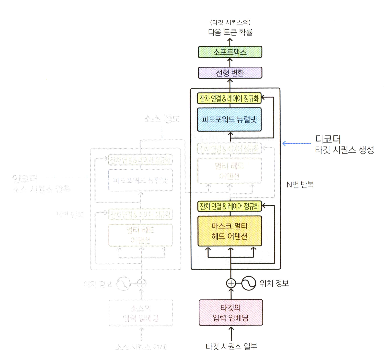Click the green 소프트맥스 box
pyautogui.click(x=230, y=51)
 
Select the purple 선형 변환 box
pyautogui.click(x=230, y=73)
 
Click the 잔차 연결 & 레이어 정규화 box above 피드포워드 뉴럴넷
pyautogui.click(x=230, y=99)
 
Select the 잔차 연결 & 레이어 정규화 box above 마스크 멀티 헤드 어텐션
pyautogui.click(x=230, y=206)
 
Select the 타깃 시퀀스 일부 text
pyautogui.click(x=231, y=347)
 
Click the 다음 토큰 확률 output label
pyautogui.click(x=230, y=33)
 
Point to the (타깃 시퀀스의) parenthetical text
pyautogui.click(x=230, y=22)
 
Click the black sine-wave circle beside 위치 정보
pyautogui.click(x=248, y=283)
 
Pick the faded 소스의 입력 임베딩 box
pyautogui.click(x=141, y=314)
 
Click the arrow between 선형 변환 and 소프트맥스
pyautogui.click(x=230, y=62)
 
